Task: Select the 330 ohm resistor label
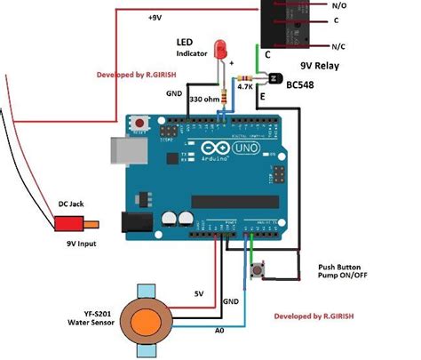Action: (x=208, y=99)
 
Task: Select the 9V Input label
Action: (x=83, y=243)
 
